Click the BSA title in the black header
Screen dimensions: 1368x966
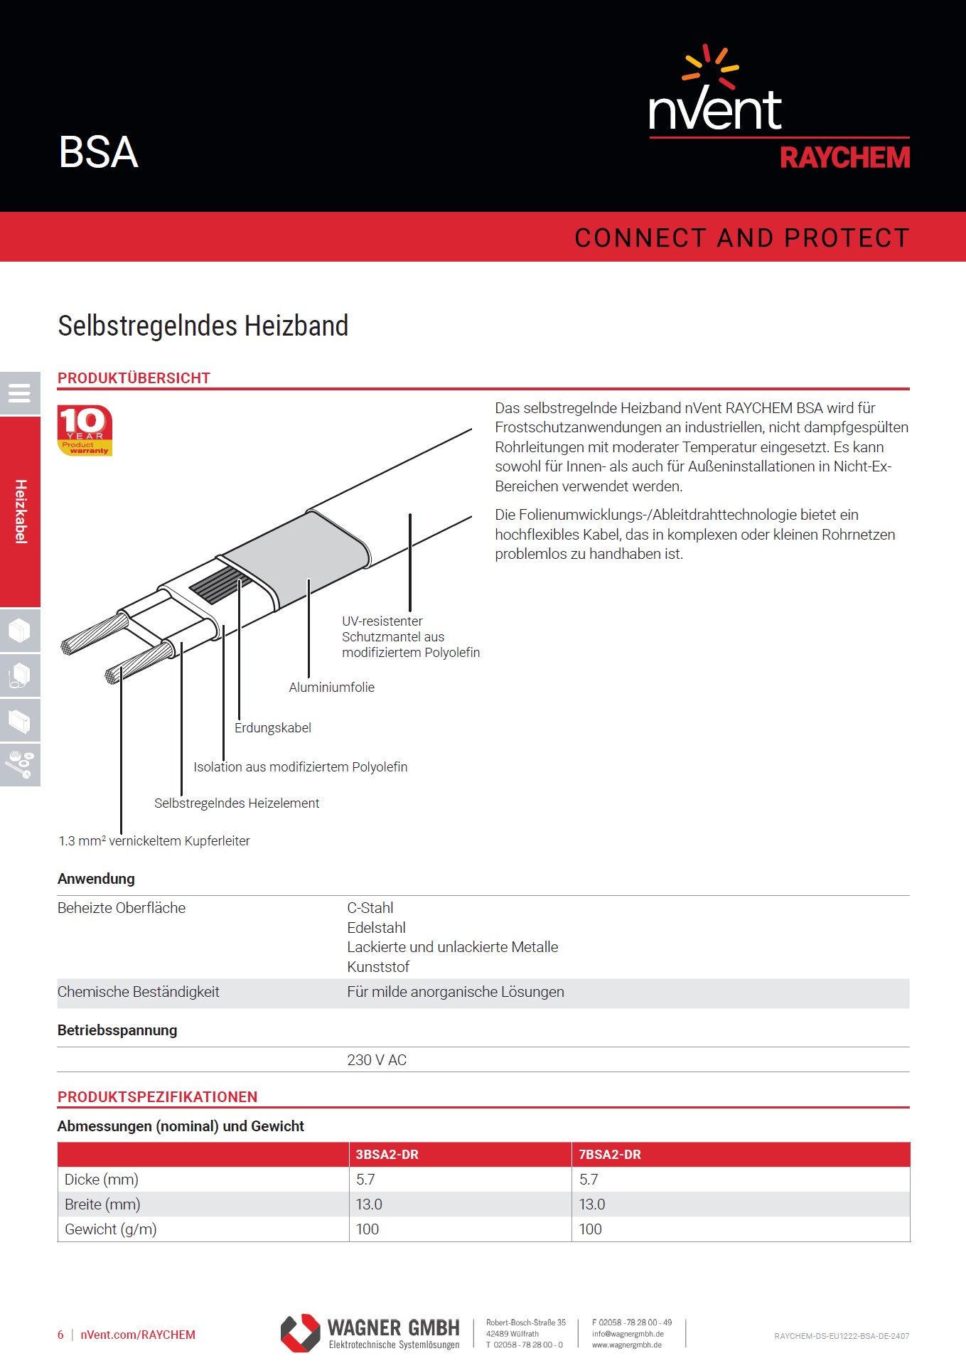click(98, 152)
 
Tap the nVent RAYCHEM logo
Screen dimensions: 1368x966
click(779, 109)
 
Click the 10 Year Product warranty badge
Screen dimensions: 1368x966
click(85, 430)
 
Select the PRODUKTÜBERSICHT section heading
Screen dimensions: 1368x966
click(134, 378)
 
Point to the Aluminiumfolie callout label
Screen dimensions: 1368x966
click(331, 688)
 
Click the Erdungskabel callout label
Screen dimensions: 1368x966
click(273, 728)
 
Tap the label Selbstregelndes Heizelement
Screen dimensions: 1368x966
click(237, 803)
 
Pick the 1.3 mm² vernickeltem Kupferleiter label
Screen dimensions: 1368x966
click(154, 841)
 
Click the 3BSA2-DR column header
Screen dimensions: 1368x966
click(387, 1155)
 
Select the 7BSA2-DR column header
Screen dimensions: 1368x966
click(610, 1155)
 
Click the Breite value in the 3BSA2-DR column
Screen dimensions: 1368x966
click(369, 1204)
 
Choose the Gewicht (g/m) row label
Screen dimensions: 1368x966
click(111, 1229)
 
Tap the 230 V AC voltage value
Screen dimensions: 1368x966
click(377, 1060)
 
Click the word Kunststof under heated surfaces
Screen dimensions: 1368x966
click(378, 967)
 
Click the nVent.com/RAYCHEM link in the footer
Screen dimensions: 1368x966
click(138, 1335)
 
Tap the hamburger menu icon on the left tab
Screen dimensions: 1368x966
click(19, 393)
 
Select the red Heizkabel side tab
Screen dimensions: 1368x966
click(21, 512)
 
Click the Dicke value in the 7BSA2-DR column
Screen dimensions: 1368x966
click(589, 1180)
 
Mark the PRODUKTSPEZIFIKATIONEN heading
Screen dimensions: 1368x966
click(157, 1097)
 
